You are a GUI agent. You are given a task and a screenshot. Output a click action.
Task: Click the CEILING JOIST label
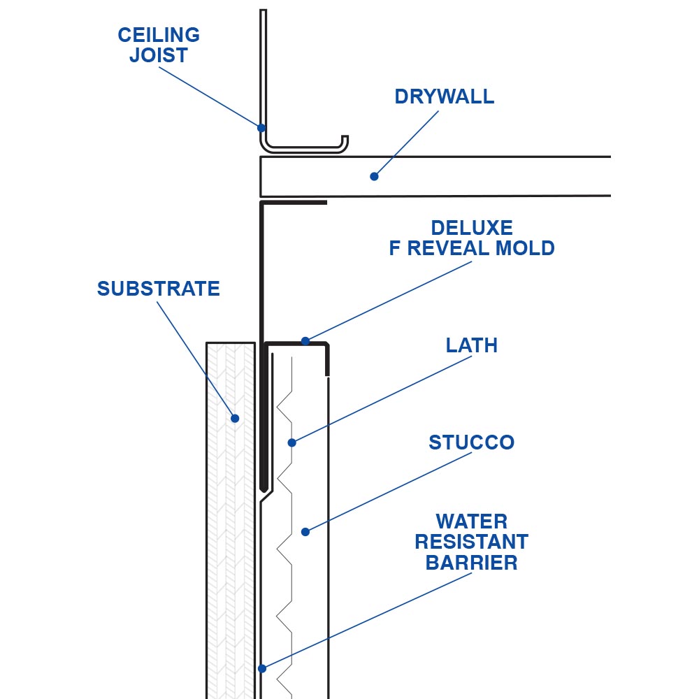pyautogui.click(x=159, y=45)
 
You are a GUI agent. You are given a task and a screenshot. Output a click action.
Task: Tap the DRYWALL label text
pyautogui.click(x=444, y=96)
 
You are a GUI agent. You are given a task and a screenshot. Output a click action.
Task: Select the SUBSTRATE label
pyautogui.click(x=159, y=289)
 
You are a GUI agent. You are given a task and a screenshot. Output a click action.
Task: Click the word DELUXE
pyautogui.click(x=472, y=228)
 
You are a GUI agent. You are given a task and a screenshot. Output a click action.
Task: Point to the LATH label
pyautogui.click(x=472, y=345)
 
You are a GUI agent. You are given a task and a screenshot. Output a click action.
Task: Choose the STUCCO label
pyautogui.click(x=472, y=442)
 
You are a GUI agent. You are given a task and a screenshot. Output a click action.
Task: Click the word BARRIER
pyautogui.click(x=472, y=563)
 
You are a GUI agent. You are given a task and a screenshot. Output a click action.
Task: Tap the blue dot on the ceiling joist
pyautogui.click(x=261, y=128)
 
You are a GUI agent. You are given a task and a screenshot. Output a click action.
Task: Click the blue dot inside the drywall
pyautogui.click(x=374, y=176)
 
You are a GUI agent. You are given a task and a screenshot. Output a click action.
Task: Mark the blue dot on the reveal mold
pyautogui.click(x=305, y=341)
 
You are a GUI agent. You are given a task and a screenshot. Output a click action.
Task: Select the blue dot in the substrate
pyautogui.click(x=236, y=419)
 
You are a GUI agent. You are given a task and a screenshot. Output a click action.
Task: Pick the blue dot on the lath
pyautogui.click(x=292, y=442)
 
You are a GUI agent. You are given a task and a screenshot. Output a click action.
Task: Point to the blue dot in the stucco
pyautogui.click(x=305, y=532)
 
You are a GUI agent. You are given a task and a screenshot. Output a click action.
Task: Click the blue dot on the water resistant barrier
pyautogui.click(x=262, y=668)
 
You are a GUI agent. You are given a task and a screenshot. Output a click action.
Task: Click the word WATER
pyautogui.click(x=472, y=521)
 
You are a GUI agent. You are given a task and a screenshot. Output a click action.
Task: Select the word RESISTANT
pyautogui.click(x=472, y=542)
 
